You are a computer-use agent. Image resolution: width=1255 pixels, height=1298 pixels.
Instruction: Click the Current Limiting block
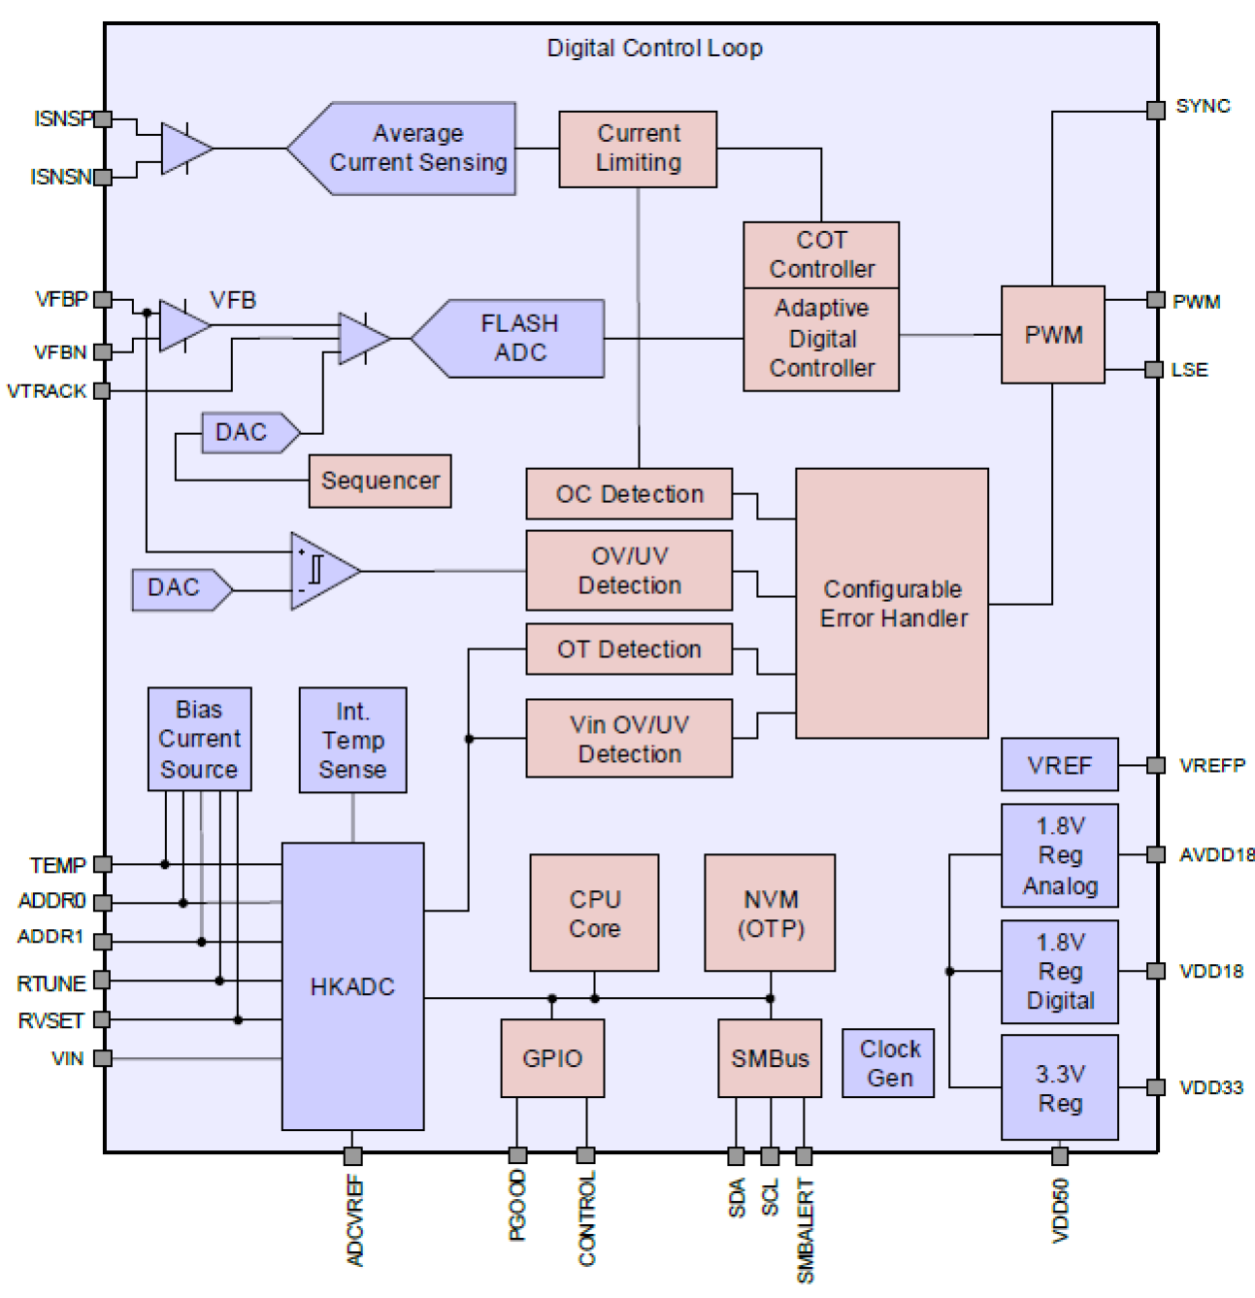pos(637,149)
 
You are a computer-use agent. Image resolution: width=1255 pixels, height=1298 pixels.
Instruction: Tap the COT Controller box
pos(821,255)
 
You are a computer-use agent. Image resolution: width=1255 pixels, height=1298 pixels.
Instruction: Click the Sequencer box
pos(380,481)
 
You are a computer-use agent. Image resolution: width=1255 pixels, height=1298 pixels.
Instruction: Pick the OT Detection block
pos(628,649)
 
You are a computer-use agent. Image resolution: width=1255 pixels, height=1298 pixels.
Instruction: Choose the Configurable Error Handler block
pos(891,604)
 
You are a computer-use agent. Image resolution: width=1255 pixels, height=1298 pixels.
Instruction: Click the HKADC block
pos(353,986)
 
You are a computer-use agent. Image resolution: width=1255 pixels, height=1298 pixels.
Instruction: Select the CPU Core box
pos(595,913)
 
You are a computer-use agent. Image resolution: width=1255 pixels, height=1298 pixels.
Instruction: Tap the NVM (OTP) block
pos(770,913)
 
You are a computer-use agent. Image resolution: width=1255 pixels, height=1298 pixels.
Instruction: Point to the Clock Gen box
pos(888,1063)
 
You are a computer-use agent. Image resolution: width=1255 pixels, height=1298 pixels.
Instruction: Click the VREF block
pos(1059,765)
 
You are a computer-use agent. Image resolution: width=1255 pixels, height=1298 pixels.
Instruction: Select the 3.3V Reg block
pos(1059,1088)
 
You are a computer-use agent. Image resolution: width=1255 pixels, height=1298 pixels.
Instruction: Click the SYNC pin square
pos(1155,110)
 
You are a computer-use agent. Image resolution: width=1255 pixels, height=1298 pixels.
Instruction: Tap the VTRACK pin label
pos(47,391)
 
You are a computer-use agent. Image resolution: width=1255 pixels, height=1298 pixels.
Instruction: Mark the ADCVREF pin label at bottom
pos(355,1221)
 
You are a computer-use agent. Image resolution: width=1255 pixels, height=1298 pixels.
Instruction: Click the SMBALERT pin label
pos(805,1230)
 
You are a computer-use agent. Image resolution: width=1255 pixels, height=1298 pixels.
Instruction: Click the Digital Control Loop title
pos(654,48)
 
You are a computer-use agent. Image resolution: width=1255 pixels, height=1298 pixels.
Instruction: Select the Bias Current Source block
pos(199,739)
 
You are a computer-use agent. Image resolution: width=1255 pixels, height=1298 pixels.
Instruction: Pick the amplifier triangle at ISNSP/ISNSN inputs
pos(184,149)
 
